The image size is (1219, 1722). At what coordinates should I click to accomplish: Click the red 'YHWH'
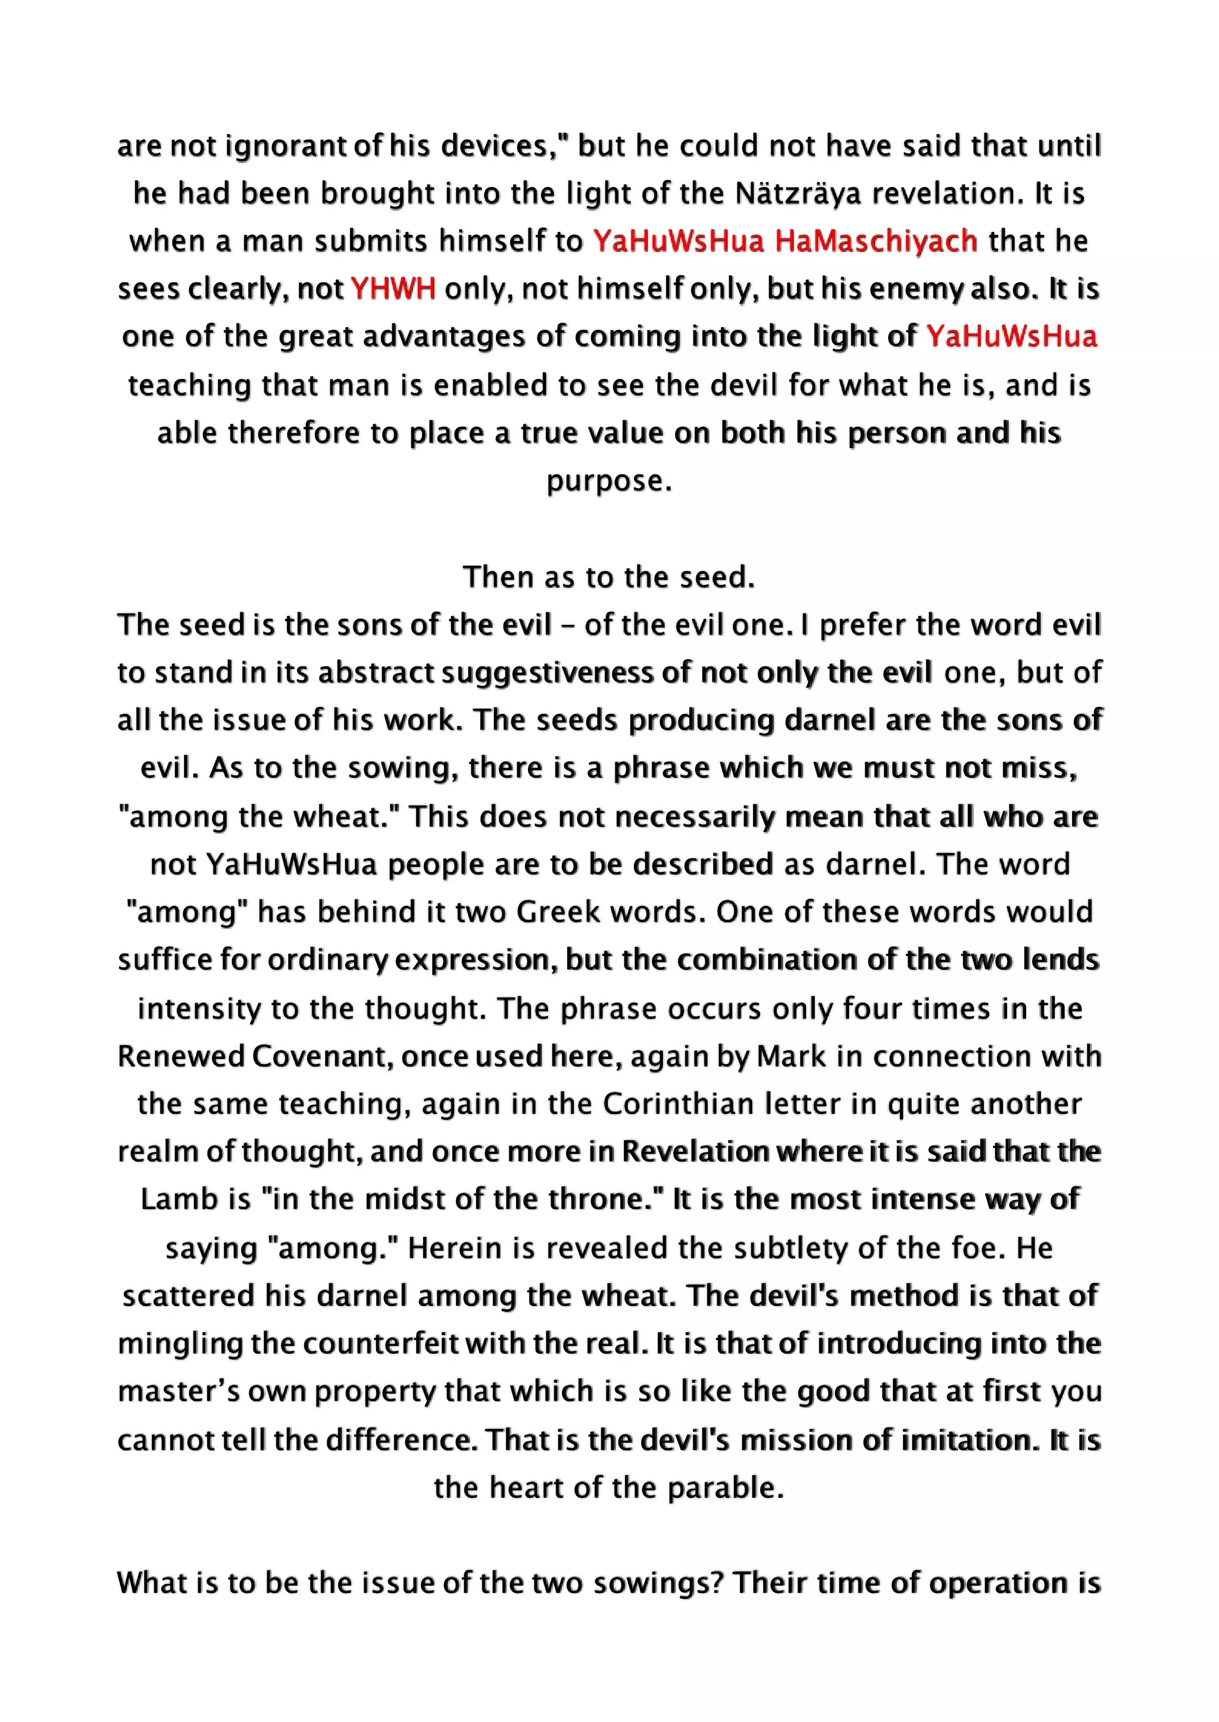pyautogui.click(x=393, y=289)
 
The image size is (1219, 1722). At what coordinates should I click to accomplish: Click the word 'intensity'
pyautogui.click(x=199, y=1009)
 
